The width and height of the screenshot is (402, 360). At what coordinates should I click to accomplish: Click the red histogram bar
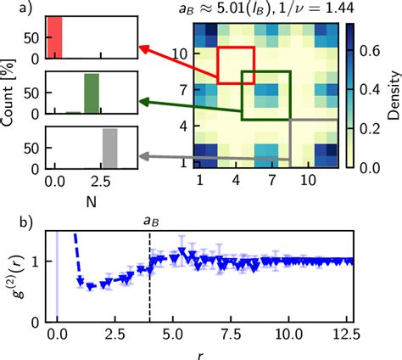tap(54, 38)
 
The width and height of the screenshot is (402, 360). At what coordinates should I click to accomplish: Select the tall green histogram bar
tap(91, 94)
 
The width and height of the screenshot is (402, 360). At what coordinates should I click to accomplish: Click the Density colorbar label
tap(392, 95)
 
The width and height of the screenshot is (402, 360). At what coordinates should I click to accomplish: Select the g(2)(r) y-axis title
tap(20, 273)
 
